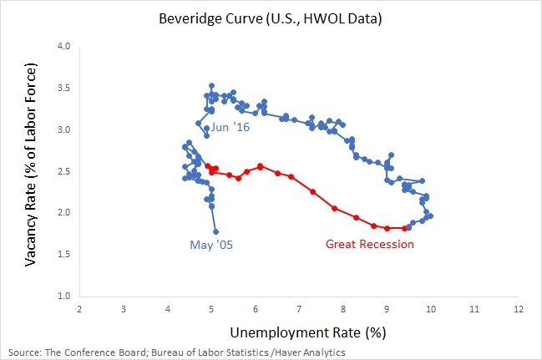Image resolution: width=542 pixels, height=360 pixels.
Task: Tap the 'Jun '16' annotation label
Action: pos(230,128)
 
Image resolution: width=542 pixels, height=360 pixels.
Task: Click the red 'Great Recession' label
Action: pos(369,244)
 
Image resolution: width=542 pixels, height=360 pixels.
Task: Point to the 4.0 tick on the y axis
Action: pos(63,47)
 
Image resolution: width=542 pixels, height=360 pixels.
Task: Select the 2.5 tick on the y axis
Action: pos(63,171)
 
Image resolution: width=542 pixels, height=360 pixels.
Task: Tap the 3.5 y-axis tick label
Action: pos(63,89)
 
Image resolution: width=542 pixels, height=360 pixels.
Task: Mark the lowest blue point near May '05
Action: pos(215,231)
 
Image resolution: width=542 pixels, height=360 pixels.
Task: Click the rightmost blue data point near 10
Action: pos(430,215)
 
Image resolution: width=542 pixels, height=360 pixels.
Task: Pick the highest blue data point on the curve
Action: pos(211,85)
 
